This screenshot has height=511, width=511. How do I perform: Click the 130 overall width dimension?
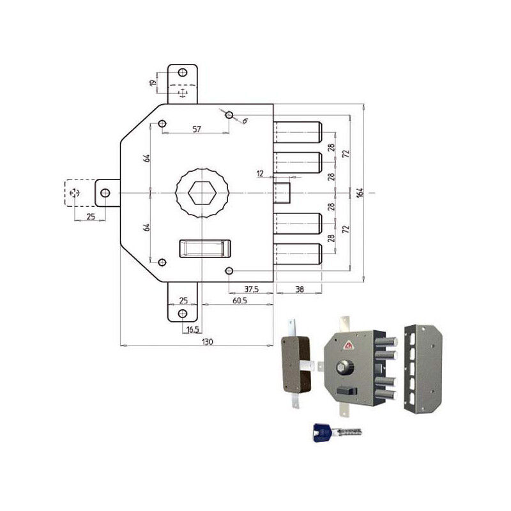[x=207, y=342]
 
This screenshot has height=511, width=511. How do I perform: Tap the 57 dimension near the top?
[x=197, y=129]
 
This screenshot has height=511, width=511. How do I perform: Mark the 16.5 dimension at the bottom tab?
[x=192, y=330]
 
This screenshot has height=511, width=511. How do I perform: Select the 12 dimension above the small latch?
[x=260, y=173]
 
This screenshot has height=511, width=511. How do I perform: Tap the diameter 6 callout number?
[x=245, y=120]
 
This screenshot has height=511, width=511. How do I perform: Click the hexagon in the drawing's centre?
[x=201, y=193]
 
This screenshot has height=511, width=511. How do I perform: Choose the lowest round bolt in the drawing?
[x=298, y=255]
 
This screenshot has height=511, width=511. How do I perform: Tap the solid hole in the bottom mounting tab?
[x=183, y=313]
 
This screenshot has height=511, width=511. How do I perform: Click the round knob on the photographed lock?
[x=342, y=367]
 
